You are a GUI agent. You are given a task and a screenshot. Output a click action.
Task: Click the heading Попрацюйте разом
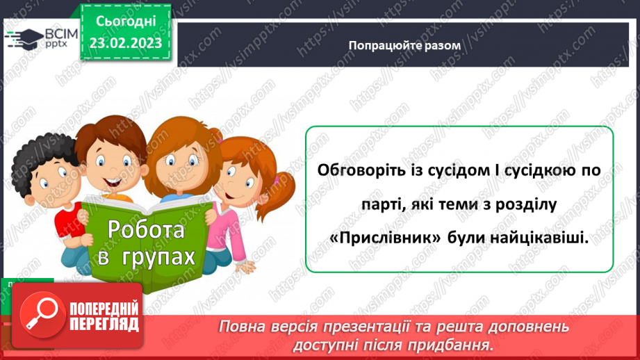coord(404,44)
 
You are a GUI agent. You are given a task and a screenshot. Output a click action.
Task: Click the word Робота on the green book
coord(146,229)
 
